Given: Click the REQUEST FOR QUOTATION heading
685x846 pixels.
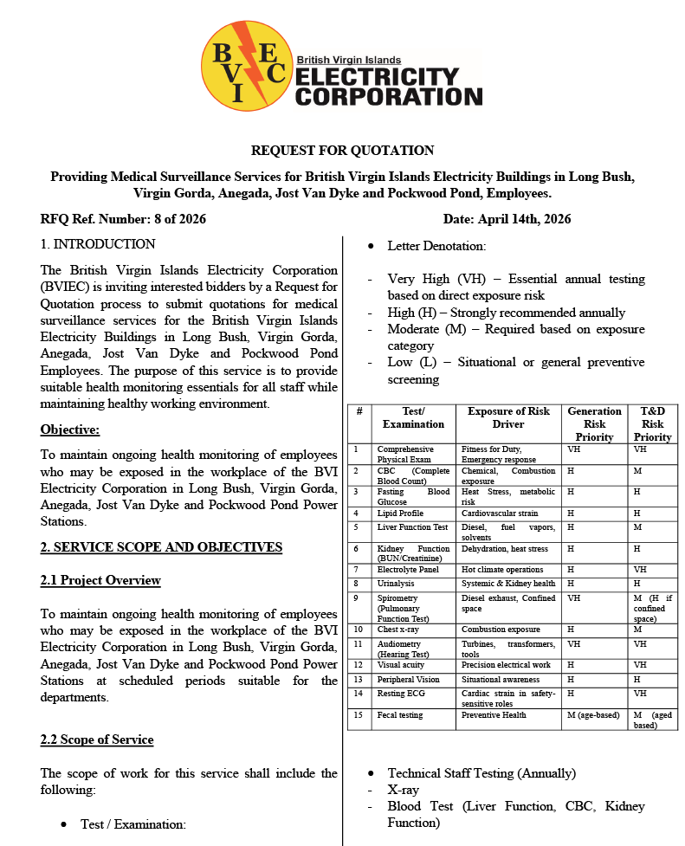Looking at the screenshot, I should tap(342, 151).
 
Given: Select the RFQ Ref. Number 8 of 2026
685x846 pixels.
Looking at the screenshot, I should tap(123, 219).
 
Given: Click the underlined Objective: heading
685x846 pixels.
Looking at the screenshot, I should tap(70, 429).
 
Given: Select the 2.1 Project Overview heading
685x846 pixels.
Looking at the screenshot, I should tap(100, 579).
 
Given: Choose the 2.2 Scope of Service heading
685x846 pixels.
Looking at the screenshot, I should tap(97, 739).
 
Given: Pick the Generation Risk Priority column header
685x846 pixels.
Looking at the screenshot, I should tap(594, 423).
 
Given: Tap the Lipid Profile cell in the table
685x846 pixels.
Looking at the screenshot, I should tap(400, 513).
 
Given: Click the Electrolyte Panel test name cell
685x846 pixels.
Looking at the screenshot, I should tap(407, 570).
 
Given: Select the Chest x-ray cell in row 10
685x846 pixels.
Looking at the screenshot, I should tap(398, 630).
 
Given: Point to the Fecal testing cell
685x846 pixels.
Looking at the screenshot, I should tap(399, 715).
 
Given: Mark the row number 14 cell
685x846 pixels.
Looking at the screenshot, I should tap(358, 693).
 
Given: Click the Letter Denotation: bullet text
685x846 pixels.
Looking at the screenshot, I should tap(436, 246).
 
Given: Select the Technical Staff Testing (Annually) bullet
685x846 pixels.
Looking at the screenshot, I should tap(481, 773).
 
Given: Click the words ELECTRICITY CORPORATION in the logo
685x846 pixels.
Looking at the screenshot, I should tap(388, 87).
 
